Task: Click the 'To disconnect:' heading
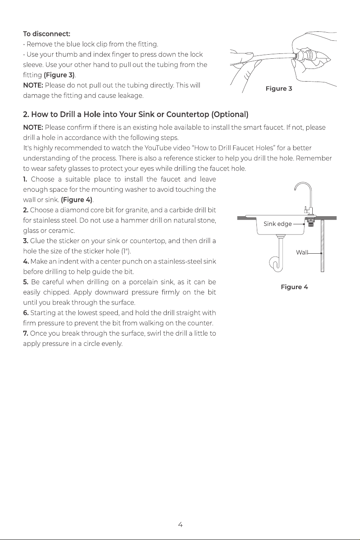tap(46, 34)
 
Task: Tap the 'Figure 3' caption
tap(279, 89)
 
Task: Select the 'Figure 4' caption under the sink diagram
tap(294, 287)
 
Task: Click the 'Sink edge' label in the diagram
tap(278, 224)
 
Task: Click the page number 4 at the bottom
tap(180, 525)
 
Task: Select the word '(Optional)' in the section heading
tap(230, 114)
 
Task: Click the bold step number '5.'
tap(26, 282)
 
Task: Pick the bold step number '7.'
tap(26, 333)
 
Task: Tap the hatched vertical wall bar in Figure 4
tap(322, 246)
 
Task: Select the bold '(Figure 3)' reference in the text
tap(59, 75)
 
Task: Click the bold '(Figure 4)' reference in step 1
tap(77, 200)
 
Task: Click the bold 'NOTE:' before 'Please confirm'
tap(33, 128)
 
